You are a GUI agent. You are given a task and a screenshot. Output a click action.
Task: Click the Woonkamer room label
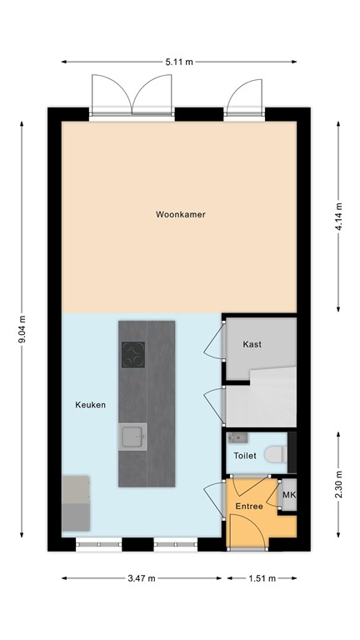180,214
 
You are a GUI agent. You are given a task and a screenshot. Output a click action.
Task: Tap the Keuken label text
90,405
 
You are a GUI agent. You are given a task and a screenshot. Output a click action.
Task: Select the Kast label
252,344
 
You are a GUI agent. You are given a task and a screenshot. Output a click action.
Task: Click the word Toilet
245,457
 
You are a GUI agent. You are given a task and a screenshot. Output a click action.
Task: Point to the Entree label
248,506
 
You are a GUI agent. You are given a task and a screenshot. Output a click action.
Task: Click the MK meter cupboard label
289,497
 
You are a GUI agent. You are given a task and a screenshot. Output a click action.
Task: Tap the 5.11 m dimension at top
179,61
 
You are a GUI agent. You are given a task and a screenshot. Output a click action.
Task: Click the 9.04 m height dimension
22,332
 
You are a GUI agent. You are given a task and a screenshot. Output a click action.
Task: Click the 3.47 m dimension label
141,577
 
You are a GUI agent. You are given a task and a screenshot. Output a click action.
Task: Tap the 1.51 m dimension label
261,577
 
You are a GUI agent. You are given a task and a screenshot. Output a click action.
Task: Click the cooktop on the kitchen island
133,355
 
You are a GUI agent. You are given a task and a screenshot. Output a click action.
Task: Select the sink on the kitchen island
132,436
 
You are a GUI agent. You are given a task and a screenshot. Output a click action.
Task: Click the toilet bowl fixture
274,454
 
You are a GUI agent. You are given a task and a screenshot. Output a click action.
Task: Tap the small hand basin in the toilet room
235,437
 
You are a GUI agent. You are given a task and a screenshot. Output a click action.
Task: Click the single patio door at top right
248,93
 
